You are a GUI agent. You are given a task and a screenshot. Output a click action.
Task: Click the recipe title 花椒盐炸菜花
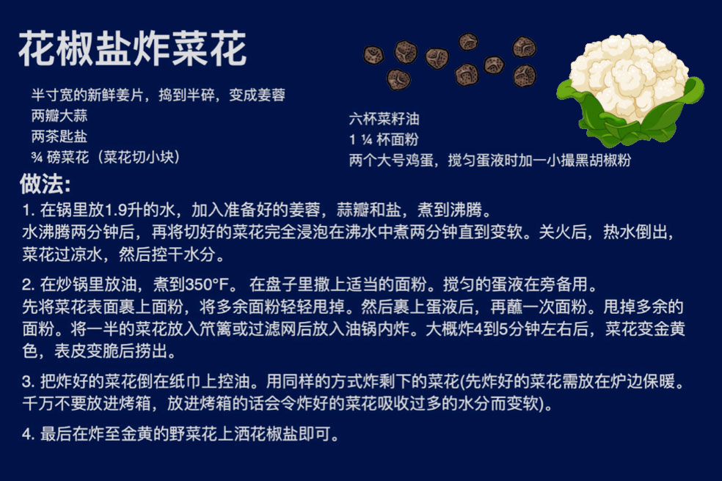click(x=133, y=49)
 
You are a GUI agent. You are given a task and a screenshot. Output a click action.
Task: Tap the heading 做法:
click(x=45, y=184)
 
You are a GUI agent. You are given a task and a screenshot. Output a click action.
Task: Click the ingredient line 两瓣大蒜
click(x=59, y=116)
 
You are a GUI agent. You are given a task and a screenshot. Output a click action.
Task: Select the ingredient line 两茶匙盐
click(x=59, y=136)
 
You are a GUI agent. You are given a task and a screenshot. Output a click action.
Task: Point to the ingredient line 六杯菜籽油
click(x=384, y=119)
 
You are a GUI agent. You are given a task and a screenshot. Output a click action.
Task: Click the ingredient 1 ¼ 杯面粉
click(x=384, y=139)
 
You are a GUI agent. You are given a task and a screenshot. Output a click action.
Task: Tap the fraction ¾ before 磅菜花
click(x=37, y=158)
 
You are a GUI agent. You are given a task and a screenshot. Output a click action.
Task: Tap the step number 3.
click(x=28, y=381)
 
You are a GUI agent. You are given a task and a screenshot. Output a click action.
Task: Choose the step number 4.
click(x=28, y=434)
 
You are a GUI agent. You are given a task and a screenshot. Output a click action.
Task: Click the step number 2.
click(x=28, y=284)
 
